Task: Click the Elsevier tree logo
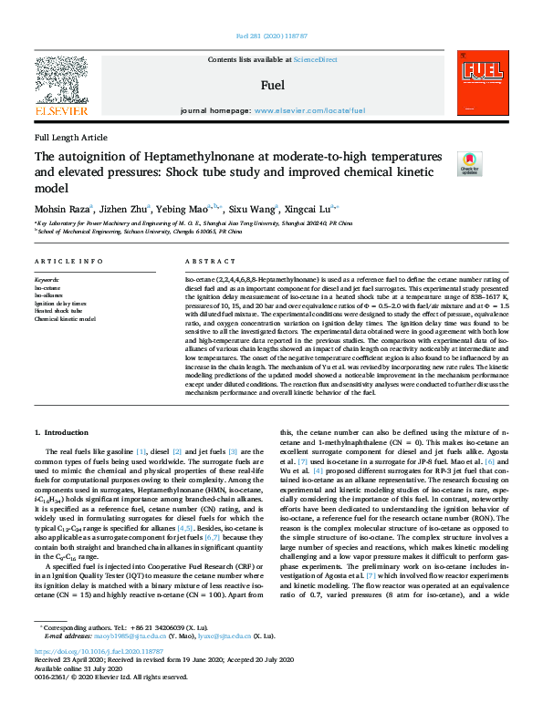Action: [61, 81]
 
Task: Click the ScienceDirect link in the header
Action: [315, 60]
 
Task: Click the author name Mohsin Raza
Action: [60, 208]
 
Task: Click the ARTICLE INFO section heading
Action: [68, 260]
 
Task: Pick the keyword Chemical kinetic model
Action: [65, 319]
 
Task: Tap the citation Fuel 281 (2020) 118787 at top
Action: [271, 36]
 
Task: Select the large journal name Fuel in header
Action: [272, 85]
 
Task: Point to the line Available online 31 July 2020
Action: [72, 693]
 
